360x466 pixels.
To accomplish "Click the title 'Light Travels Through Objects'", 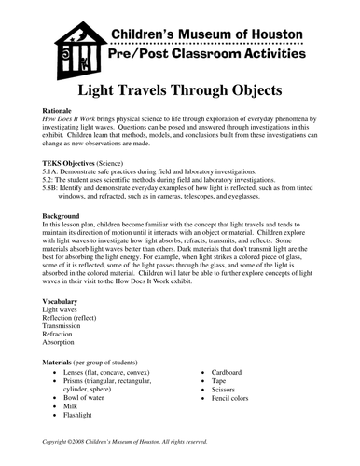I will (180, 96).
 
